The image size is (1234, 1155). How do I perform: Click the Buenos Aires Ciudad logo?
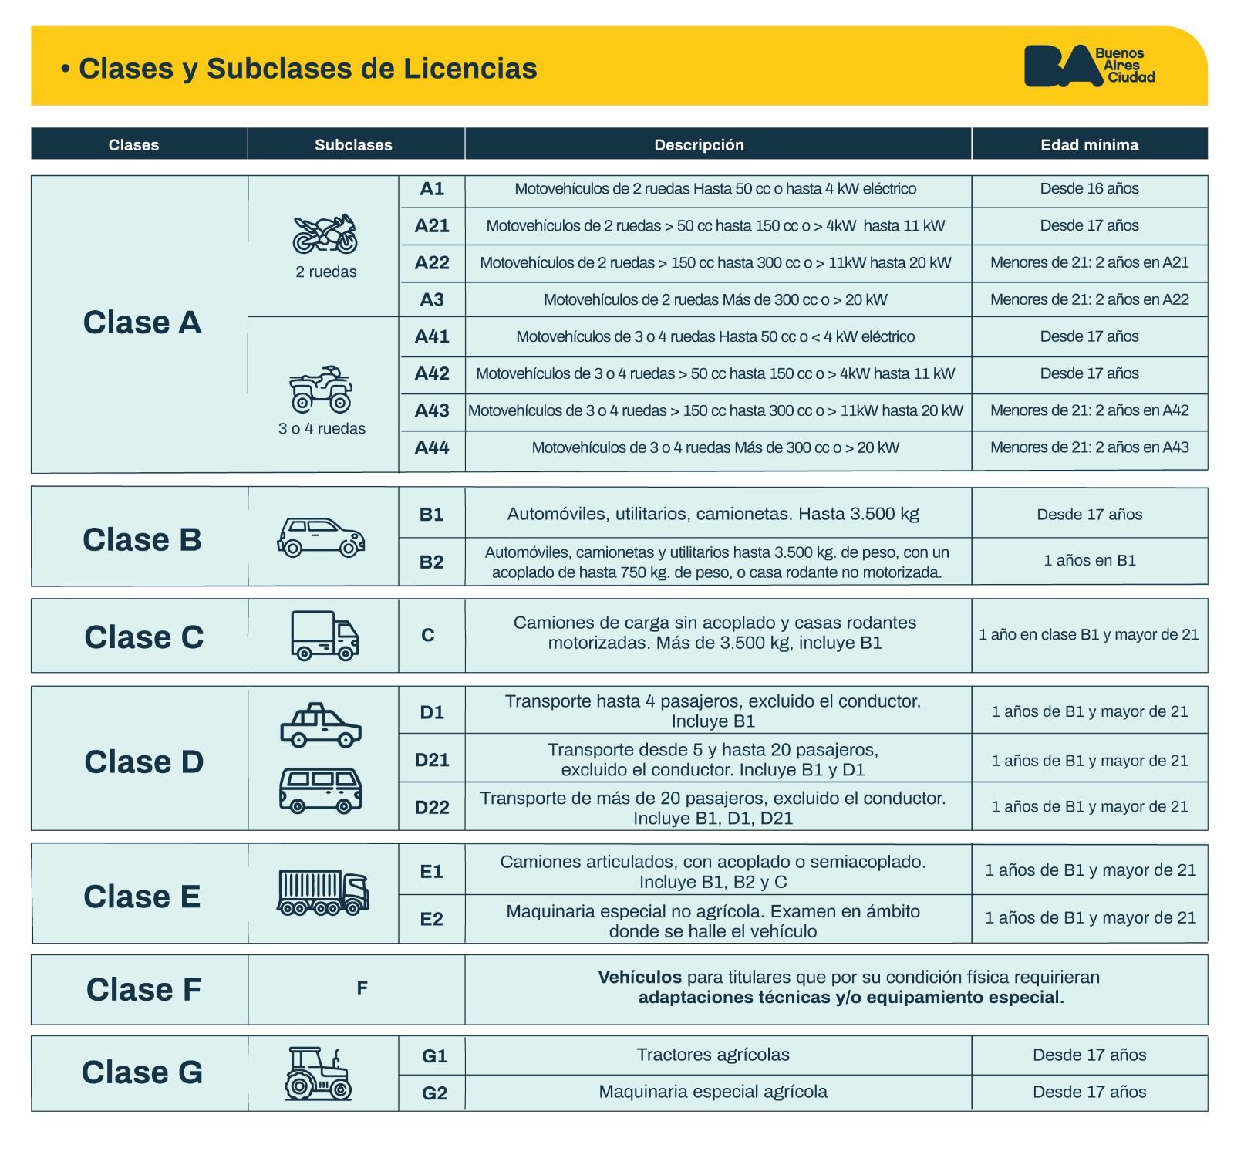coord(1088,66)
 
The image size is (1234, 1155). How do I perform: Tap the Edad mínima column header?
coord(1089,145)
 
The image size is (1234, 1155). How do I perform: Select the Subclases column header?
coord(353,145)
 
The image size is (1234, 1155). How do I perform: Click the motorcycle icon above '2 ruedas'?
coord(325,234)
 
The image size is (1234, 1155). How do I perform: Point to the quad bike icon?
coord(321,390)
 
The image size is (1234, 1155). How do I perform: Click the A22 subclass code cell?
coord(432,263)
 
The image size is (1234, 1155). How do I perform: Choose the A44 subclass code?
coord(432,447)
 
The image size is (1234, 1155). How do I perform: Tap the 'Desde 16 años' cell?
coord(1089,189)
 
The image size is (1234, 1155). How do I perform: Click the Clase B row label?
coord(142,539)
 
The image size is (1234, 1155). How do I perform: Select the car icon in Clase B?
coord(321,536)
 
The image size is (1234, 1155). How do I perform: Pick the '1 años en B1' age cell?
coord(1089,561)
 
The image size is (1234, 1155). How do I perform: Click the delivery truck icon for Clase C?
coord(324,636)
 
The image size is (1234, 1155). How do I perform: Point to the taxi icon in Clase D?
coord(321,725)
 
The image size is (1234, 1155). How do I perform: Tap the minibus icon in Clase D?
coord(321,790)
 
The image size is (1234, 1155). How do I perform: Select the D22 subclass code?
coord(432,808)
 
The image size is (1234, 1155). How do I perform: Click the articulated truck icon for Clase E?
coord(322,893)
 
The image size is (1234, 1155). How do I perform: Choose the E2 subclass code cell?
coord(432,919)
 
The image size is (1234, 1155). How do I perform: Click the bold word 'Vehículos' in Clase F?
coord(639,978)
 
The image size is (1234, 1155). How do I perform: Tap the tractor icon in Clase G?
coord(318,1073)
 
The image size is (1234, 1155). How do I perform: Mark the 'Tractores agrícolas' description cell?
coord(713,1055)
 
